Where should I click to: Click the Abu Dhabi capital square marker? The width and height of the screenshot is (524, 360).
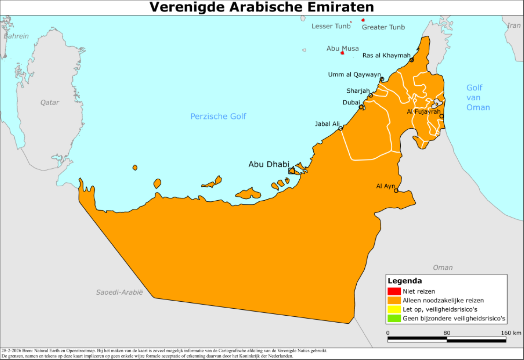pyautogui.click(x=291, y=171)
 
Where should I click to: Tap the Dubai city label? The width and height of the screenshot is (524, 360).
pyautogui.click(x=351, y=102)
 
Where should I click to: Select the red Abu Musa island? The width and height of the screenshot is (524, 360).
pyautogui.click(x=342, y=53)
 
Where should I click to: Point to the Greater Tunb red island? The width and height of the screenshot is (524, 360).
pyautogui.click(x=363, y=20)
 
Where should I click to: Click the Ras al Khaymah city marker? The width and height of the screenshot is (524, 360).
pyautogui.click(x=412, y=60)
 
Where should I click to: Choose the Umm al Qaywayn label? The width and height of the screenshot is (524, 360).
pyautogui.click(x=354, y=74)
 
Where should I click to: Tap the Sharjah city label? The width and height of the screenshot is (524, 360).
pyautogui.click(x=358, y=91)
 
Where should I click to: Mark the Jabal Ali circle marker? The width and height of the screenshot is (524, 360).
pyautogui.click(x=341, y=129)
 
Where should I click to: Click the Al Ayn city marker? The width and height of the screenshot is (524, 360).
pyautogui.click(x=396, y=191)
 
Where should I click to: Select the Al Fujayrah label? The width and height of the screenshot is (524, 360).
pyautogui.click(x=423, y=112)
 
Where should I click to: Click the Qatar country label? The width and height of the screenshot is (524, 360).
pyautogui.click(x=50, y=102)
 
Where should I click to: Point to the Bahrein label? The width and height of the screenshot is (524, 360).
pyautogui.click(x=16, y=36)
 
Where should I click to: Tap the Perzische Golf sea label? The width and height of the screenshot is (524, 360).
pyautogui.click(x=218, y=116)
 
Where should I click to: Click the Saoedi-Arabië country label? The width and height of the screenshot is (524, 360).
pyautogui.click(x=119, y=292)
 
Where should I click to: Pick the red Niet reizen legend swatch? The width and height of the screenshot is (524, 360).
pyautogui.click(x=394, y=291)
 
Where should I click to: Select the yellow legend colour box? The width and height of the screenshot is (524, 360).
pyautogui.click(x=394, y=309)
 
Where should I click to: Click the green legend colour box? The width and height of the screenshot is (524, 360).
pyautogui.click(x=394, y=318)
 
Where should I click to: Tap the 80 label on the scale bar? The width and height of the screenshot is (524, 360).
pyautogui.click(x=447, y=333)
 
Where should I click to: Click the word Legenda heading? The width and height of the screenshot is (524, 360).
pyautogui.click(x=405, y=281)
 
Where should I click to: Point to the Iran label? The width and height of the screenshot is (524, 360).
pyautogui.click(x=514, y=26)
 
